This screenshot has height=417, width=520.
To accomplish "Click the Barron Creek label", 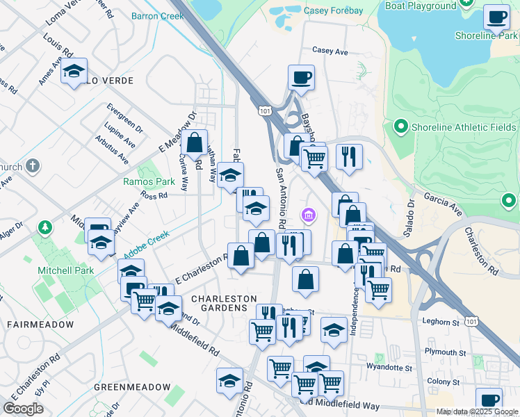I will pos(157,15).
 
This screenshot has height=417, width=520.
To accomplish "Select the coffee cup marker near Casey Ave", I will pos(301,78).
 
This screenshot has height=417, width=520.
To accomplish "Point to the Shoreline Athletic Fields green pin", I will pos(400,127).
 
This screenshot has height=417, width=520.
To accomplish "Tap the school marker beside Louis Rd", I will pos(74,71).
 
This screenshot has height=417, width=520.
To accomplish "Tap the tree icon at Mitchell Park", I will pos(45,227).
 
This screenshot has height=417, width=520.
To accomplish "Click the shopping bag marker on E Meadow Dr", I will pos(195,143).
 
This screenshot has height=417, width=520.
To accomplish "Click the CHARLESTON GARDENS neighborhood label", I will pos(220,303).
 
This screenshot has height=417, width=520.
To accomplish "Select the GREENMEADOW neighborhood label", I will pos(132,386).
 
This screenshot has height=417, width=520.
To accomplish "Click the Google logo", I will pos(24,409).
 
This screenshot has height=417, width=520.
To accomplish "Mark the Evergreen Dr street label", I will pos(126,118).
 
